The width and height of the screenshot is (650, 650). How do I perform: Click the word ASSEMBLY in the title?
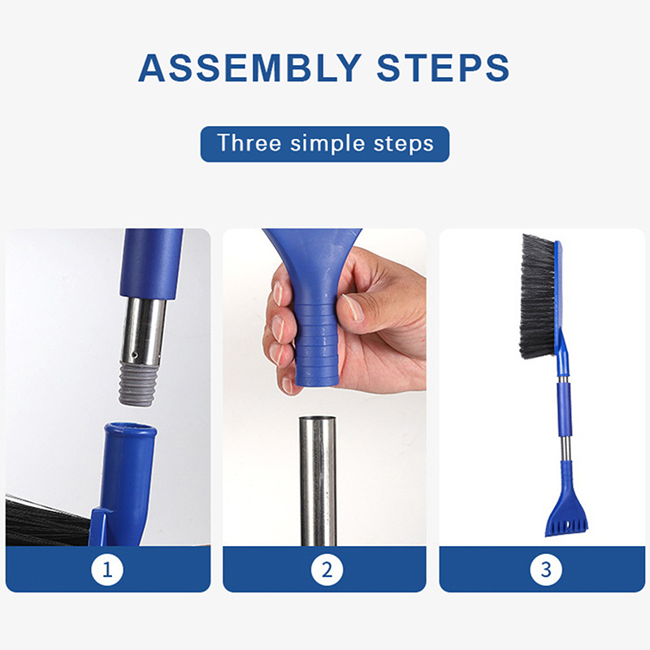(x=250, y=67)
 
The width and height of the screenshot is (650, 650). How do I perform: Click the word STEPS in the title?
(x=443, y=67)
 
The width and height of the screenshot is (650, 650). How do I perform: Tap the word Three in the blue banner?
(x=249, y=143)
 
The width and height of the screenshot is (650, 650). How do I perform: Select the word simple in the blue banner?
(x=327, y=145)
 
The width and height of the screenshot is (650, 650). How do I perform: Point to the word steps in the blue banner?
(x=403, y=145)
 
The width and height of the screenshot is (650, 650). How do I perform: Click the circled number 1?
(x=107, y=570)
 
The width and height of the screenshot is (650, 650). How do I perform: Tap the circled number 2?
(x=327, y=570)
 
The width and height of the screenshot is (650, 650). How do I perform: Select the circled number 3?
(x=546, y=570)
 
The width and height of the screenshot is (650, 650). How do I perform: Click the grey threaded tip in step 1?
(x=136, y=383)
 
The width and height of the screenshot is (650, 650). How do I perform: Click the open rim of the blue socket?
(x=130, y=430)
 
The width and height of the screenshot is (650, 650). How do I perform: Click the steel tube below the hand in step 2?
(x=318, y=481)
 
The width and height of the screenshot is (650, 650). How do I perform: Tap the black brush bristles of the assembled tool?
(x=538, y=297)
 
